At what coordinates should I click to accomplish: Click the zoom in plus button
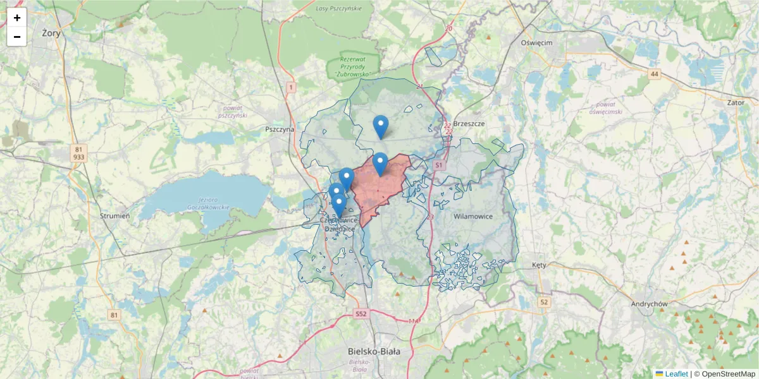[x=17, y=18]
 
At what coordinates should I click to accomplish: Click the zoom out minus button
[x=17, y=37]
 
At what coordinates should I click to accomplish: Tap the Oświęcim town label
[x=536, y=42]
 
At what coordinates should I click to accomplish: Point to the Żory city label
[x=51, y=33]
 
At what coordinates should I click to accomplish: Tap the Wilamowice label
[x=473, y=217]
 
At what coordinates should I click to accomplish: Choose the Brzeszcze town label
[x=469, y=124]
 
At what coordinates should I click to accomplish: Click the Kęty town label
[x=539, y=265]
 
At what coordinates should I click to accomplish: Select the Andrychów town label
[x=650, y=304]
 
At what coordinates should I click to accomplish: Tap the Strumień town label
[x=115, y=216]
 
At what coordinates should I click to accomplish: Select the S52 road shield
[x=361, y=313]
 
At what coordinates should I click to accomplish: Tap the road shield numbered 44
[x=654, y=75]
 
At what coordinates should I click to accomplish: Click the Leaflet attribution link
[x=676, y=374]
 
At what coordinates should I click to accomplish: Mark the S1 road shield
[x=438, y=165]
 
